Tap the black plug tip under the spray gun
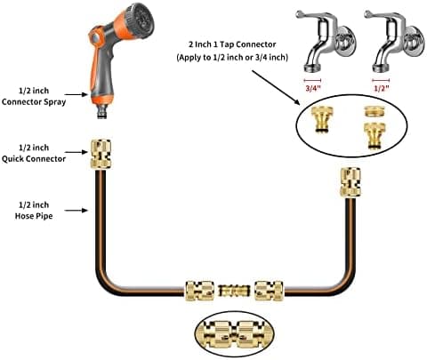click(102, 115)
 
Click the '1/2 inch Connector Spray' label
click(34, 96)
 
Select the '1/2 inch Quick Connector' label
click(34, 153)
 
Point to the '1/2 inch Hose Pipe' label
click(34, 211)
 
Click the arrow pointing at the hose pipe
click(77, 211)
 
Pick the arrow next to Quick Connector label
click(77, 152)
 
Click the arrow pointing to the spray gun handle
click(77, 94)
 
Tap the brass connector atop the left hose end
click(101, 154)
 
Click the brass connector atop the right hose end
click(350, 182)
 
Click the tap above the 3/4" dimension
click(326, 41)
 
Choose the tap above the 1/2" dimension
click(394, 41)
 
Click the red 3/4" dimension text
click(313, 88)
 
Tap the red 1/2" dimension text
click(382, 88)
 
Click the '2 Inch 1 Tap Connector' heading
click(232, 44)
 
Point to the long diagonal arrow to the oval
click(276, 87)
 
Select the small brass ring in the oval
click(375, 112)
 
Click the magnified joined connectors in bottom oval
click(234, 334)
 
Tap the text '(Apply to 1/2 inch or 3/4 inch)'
click(232, 57)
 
